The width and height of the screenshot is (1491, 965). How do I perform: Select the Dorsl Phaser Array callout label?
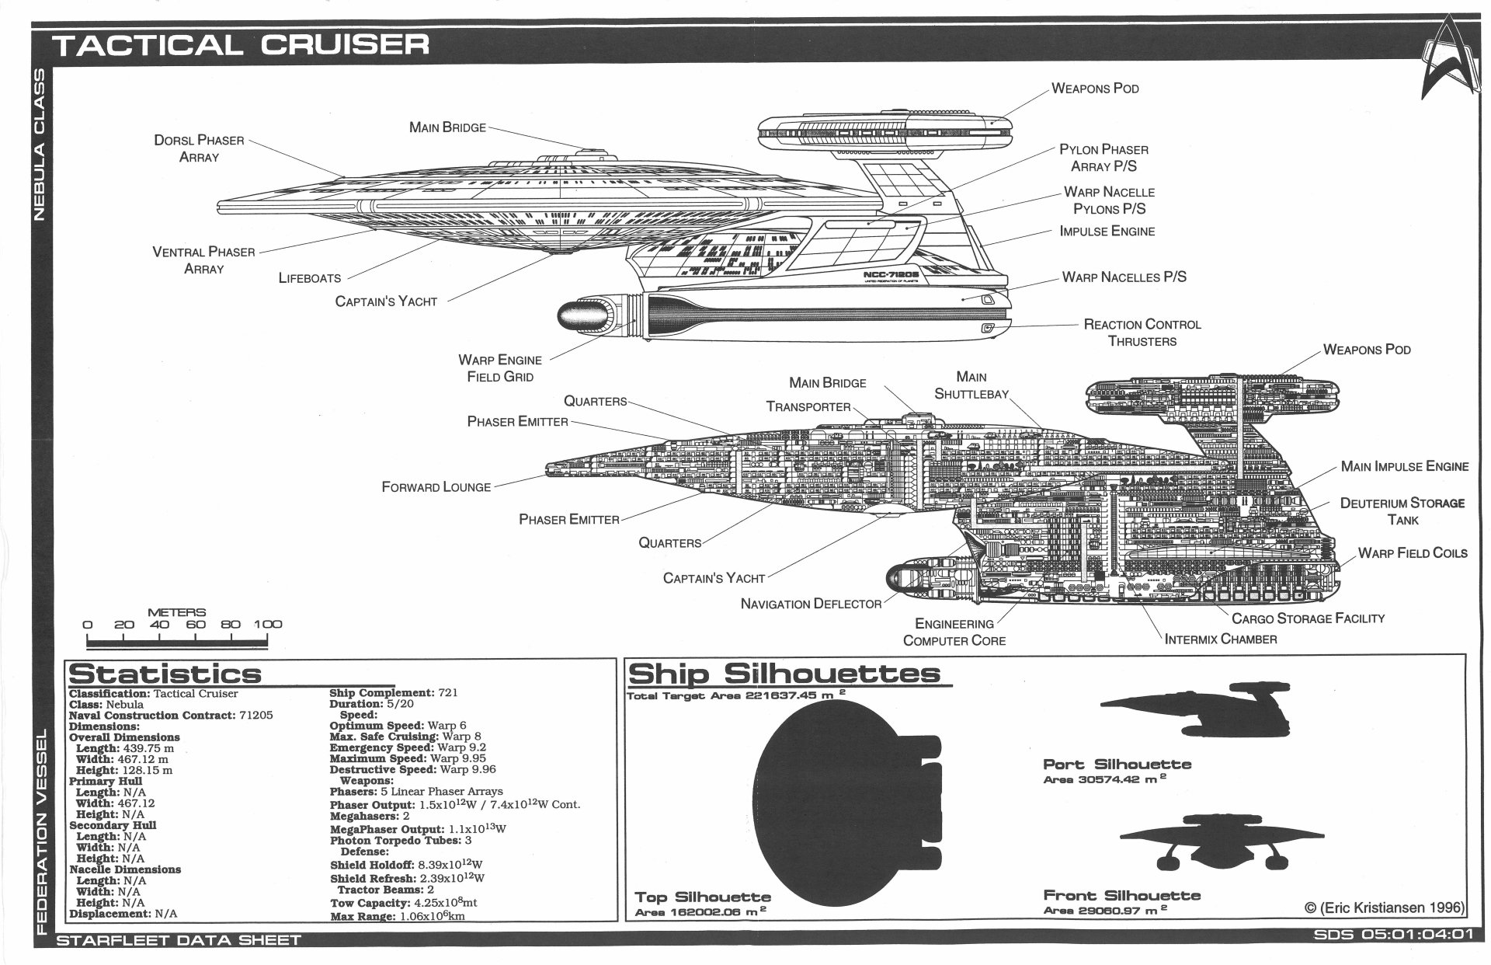click(199, 148)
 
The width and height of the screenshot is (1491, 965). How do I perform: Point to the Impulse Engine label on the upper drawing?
click(1107, 231)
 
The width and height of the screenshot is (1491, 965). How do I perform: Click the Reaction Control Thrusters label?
click(1142, 333)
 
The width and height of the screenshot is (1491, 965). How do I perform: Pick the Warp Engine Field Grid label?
click(500, 368)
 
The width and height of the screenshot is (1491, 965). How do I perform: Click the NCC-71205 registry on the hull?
click(891, 275)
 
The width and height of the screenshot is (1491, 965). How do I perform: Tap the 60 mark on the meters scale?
click(196, 624)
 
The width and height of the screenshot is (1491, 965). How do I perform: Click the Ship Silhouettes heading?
click(784, 673)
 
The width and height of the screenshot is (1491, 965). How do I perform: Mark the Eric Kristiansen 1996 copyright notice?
click(1385, 907)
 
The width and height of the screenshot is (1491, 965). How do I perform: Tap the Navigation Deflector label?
click(811, 604)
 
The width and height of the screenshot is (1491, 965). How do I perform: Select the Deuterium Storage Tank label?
click(1402, 511)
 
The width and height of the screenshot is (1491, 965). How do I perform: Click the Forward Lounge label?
click(436, 487)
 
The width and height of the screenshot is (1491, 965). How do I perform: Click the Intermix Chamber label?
click(1221, 639)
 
